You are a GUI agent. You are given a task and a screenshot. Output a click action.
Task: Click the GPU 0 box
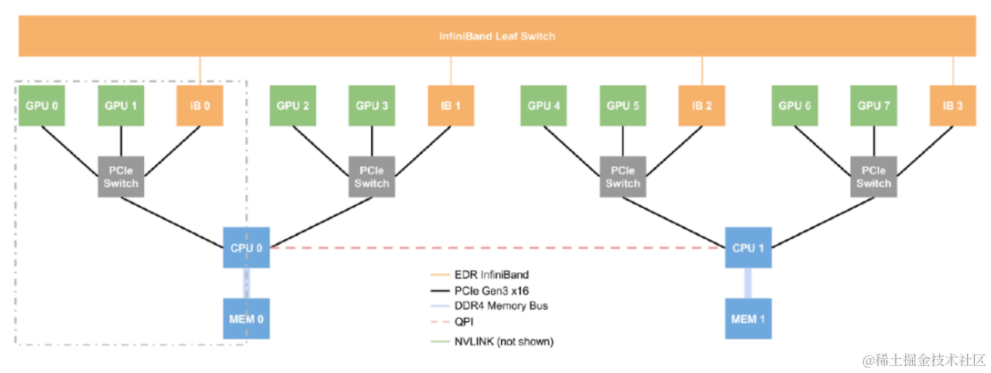coord(42,105)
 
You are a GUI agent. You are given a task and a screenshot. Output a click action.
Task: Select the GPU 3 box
coord(372,105)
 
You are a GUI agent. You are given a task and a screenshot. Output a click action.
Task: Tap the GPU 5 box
coord(622,105)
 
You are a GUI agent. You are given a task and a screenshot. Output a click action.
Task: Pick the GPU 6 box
coord(796,105)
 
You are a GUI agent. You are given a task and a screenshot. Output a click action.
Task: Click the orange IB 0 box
coord(201,105)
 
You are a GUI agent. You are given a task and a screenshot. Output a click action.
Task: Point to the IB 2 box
coord(702,105)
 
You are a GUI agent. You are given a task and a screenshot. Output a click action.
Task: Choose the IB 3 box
coord(953,105)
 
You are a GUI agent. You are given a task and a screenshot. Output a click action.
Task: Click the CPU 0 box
coord(246,248)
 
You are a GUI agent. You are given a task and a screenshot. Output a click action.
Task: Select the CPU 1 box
coord(748,248)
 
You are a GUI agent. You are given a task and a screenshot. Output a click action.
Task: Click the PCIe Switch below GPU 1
coord(121,176)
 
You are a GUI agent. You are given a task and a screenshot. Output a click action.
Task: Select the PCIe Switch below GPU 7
coord(873,176)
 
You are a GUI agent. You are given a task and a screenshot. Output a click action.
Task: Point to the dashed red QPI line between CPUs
coord(495,248)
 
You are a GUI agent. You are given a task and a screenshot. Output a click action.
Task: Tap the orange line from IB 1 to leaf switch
coord(451,71)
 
